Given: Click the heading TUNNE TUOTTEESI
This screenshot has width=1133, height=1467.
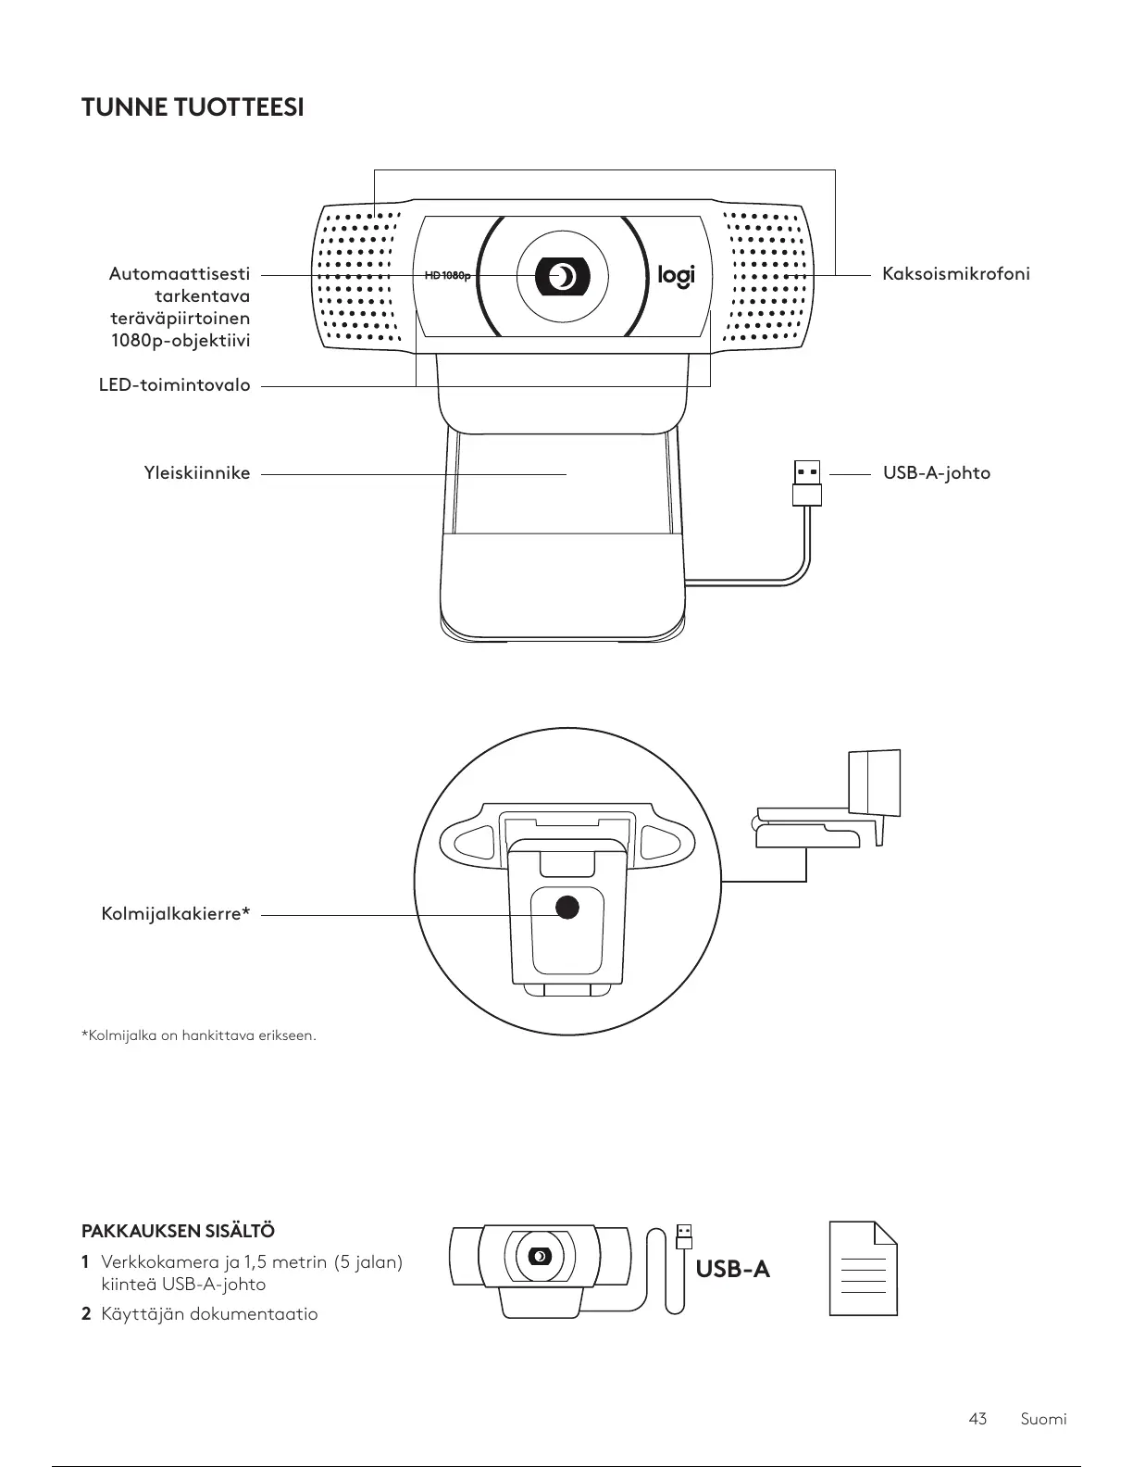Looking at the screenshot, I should click(x=193, y=108).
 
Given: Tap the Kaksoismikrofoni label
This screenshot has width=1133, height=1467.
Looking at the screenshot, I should click(x=955, y=274).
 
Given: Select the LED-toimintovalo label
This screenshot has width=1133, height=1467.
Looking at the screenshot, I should click(x=174, y=384).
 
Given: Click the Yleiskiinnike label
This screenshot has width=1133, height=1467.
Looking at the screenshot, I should click(x=196, y=473).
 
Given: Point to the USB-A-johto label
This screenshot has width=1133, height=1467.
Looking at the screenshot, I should click(x=936, y=473).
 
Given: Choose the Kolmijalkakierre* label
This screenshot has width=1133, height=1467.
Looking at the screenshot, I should click(x=176, y=915).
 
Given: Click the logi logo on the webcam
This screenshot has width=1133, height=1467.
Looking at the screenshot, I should click(x=676, y=275).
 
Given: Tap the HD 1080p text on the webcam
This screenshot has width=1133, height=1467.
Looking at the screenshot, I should click(x=447, y=276).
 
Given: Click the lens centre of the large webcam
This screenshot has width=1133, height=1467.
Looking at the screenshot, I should click(x=562, y=275).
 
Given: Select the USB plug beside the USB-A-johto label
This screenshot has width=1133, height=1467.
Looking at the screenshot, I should click(x=807, y=482).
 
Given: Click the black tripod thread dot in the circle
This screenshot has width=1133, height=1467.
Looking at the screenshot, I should click(x=566, y=907).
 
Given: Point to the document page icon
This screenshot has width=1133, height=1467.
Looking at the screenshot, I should click(x=863, y=1268).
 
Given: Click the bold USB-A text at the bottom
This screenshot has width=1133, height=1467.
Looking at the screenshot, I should click(x=732, y=1269).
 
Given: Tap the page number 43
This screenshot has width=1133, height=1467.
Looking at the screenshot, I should click(x=977, y=1419).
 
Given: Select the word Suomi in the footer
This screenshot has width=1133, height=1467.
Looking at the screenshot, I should click(x=1043, y=1419).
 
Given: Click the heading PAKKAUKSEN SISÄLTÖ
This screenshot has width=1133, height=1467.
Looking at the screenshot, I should click(x=178, y=1232).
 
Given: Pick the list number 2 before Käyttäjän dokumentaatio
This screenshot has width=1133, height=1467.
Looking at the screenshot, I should click(x=86, y=1314).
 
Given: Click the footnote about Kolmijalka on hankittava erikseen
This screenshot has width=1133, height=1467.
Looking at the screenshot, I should click(x=199, y=1035).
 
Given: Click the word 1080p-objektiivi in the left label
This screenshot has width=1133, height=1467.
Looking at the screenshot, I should click(x=181, y=341).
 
